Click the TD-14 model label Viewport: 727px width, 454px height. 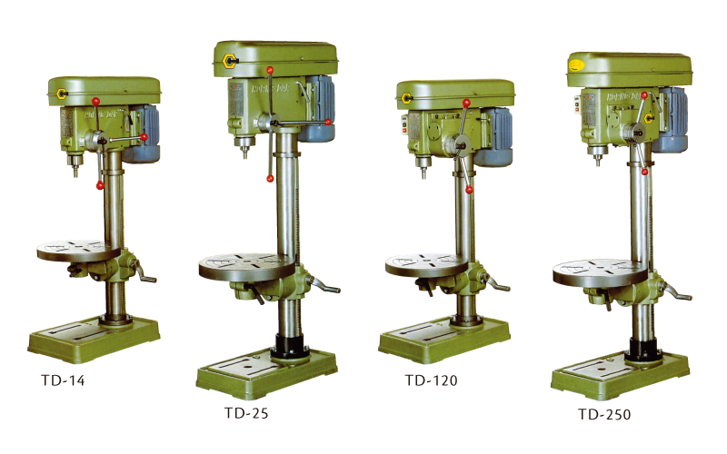click(63, 380)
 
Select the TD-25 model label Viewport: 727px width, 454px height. click(246, 413)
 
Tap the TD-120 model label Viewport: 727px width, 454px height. click(431, 380)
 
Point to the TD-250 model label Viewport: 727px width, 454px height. click(604, 414)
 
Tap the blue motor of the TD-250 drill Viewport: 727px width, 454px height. click(671, 120)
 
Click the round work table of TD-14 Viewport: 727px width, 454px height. click(78, 251)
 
